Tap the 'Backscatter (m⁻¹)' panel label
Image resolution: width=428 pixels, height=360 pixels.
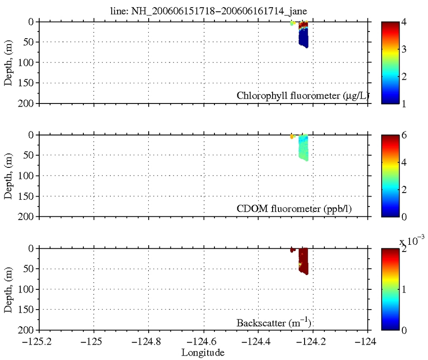(x=274, y=322)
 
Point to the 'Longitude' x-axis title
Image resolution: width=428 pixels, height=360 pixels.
(x=202, y=352)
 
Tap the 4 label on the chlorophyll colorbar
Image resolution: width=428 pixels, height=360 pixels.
(x=404, y=21)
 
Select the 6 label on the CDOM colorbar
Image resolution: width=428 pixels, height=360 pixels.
(x=404, y=135)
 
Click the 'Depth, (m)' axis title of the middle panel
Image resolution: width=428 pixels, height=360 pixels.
(x=9, y=176)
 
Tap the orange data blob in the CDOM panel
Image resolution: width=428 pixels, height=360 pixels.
(x=291, y=136)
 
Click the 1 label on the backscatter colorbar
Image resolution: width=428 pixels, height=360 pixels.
(x=404, y=289)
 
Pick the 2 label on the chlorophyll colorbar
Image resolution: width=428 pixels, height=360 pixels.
(x=404, y=76)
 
